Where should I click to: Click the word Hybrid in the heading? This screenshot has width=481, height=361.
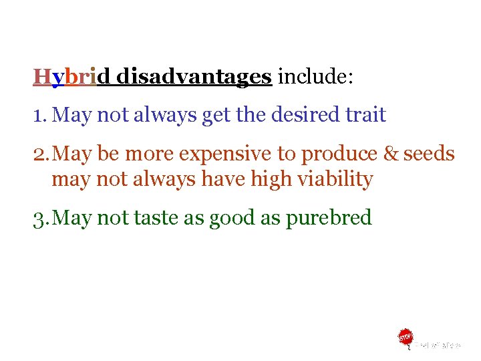click(65, 78)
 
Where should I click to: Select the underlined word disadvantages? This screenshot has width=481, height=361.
click(194, 78)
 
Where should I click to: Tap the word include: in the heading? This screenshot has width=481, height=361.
click(315, 78)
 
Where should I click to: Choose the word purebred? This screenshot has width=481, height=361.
click(329, 218)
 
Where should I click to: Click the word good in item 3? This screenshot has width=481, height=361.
click(232, 218)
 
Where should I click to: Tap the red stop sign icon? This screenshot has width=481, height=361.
click(406, 338)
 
